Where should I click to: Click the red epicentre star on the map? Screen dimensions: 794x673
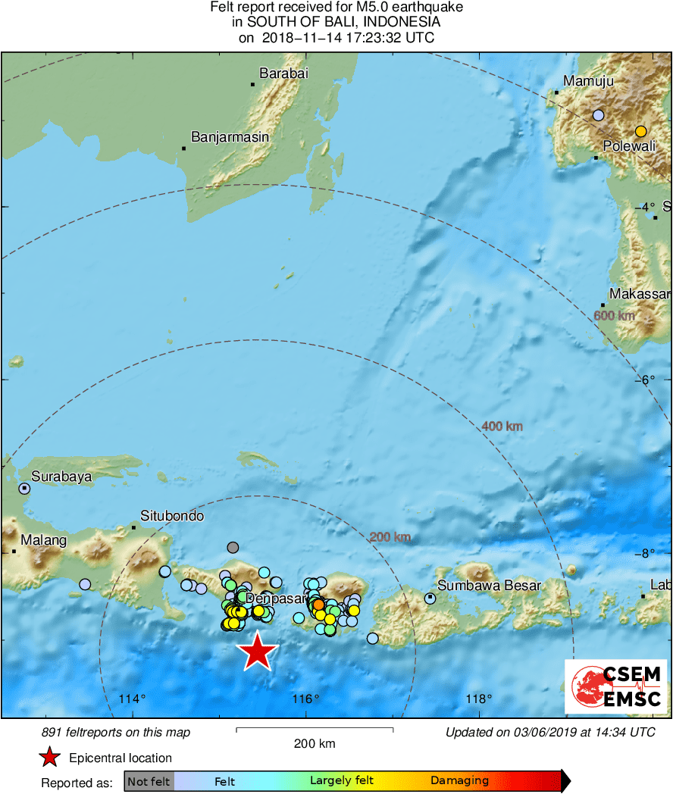258,652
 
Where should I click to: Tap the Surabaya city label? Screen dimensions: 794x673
61,477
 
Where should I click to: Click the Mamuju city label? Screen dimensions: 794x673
589,82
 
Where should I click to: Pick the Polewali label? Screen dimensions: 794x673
629,147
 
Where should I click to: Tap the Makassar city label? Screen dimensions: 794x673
641,294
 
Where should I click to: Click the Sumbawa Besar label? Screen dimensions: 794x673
490,586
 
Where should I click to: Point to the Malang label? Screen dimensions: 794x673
43,540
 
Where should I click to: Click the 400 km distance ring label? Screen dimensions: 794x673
502,427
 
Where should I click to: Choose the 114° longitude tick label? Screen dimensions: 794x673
133,699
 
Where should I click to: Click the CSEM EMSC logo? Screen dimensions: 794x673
616,686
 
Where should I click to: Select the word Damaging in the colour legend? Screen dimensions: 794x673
459,781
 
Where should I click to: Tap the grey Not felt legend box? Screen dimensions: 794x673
149,781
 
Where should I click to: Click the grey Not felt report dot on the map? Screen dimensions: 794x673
233,547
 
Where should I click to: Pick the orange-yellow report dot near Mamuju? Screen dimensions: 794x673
640,130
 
